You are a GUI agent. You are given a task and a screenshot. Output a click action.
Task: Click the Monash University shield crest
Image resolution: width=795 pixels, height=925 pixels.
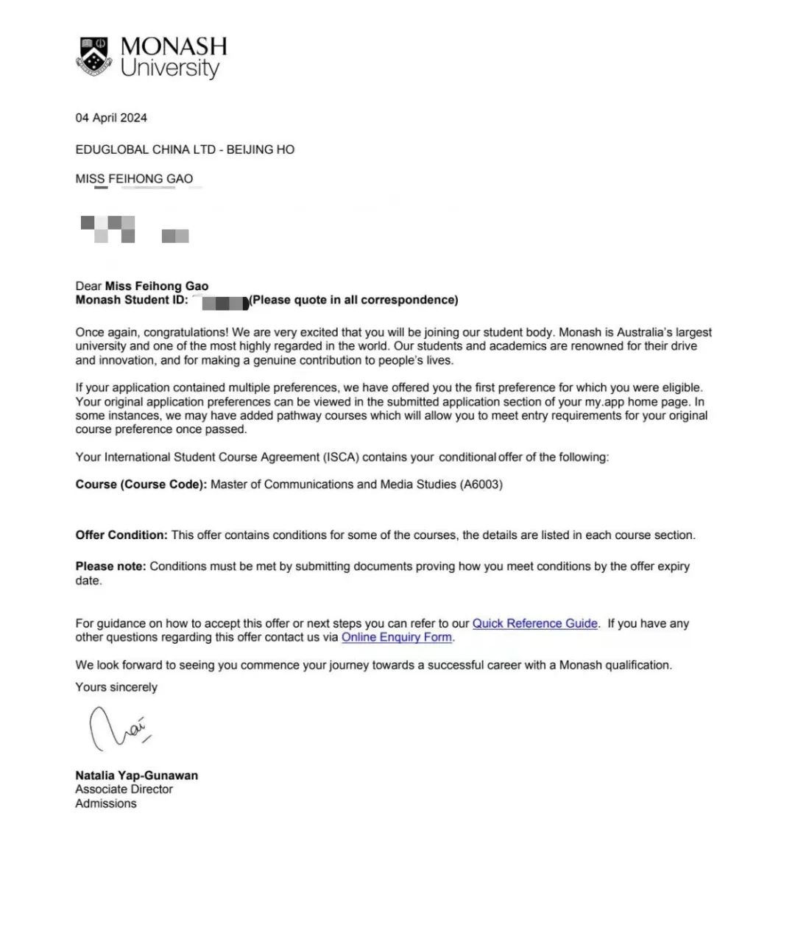tap(93, 55)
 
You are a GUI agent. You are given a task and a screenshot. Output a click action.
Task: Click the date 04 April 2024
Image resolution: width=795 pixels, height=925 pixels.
tap(111, 118)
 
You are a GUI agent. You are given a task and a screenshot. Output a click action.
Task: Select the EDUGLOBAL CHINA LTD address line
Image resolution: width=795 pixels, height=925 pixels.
tap(185, 150)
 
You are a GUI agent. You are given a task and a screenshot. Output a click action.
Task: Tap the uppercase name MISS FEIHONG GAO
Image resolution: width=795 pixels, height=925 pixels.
tap(134, 179)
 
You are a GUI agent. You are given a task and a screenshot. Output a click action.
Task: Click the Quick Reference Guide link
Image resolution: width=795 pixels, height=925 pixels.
tap(534, 623)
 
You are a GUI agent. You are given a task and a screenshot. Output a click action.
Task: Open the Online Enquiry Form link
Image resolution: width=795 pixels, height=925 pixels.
tap(397, 637)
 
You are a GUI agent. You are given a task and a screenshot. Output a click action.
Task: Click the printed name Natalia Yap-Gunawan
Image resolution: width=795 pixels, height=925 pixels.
tap(136, 775)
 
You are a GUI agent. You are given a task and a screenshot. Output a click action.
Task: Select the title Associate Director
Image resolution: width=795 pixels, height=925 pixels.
tap(124, 789)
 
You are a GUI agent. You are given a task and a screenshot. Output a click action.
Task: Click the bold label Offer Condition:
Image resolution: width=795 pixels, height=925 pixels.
tap(121, 535)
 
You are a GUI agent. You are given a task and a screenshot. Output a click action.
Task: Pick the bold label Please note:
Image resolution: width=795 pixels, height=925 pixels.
tap(110, 567)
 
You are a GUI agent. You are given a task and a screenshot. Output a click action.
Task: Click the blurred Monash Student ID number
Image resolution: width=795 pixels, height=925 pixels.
tap(224, 301)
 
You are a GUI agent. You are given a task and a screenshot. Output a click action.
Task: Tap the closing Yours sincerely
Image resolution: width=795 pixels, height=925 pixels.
tap(116, 687)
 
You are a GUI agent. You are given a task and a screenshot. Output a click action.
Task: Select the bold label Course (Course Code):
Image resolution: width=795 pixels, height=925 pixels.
tap(141, 485)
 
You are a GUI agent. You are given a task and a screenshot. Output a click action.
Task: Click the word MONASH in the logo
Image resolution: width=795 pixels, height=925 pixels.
tap(174, 46)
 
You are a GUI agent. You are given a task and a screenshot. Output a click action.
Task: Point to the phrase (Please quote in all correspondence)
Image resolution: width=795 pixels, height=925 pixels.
tap(353, 300)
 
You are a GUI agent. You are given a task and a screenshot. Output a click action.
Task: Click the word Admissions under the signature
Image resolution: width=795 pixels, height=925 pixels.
tap(106, 803)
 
